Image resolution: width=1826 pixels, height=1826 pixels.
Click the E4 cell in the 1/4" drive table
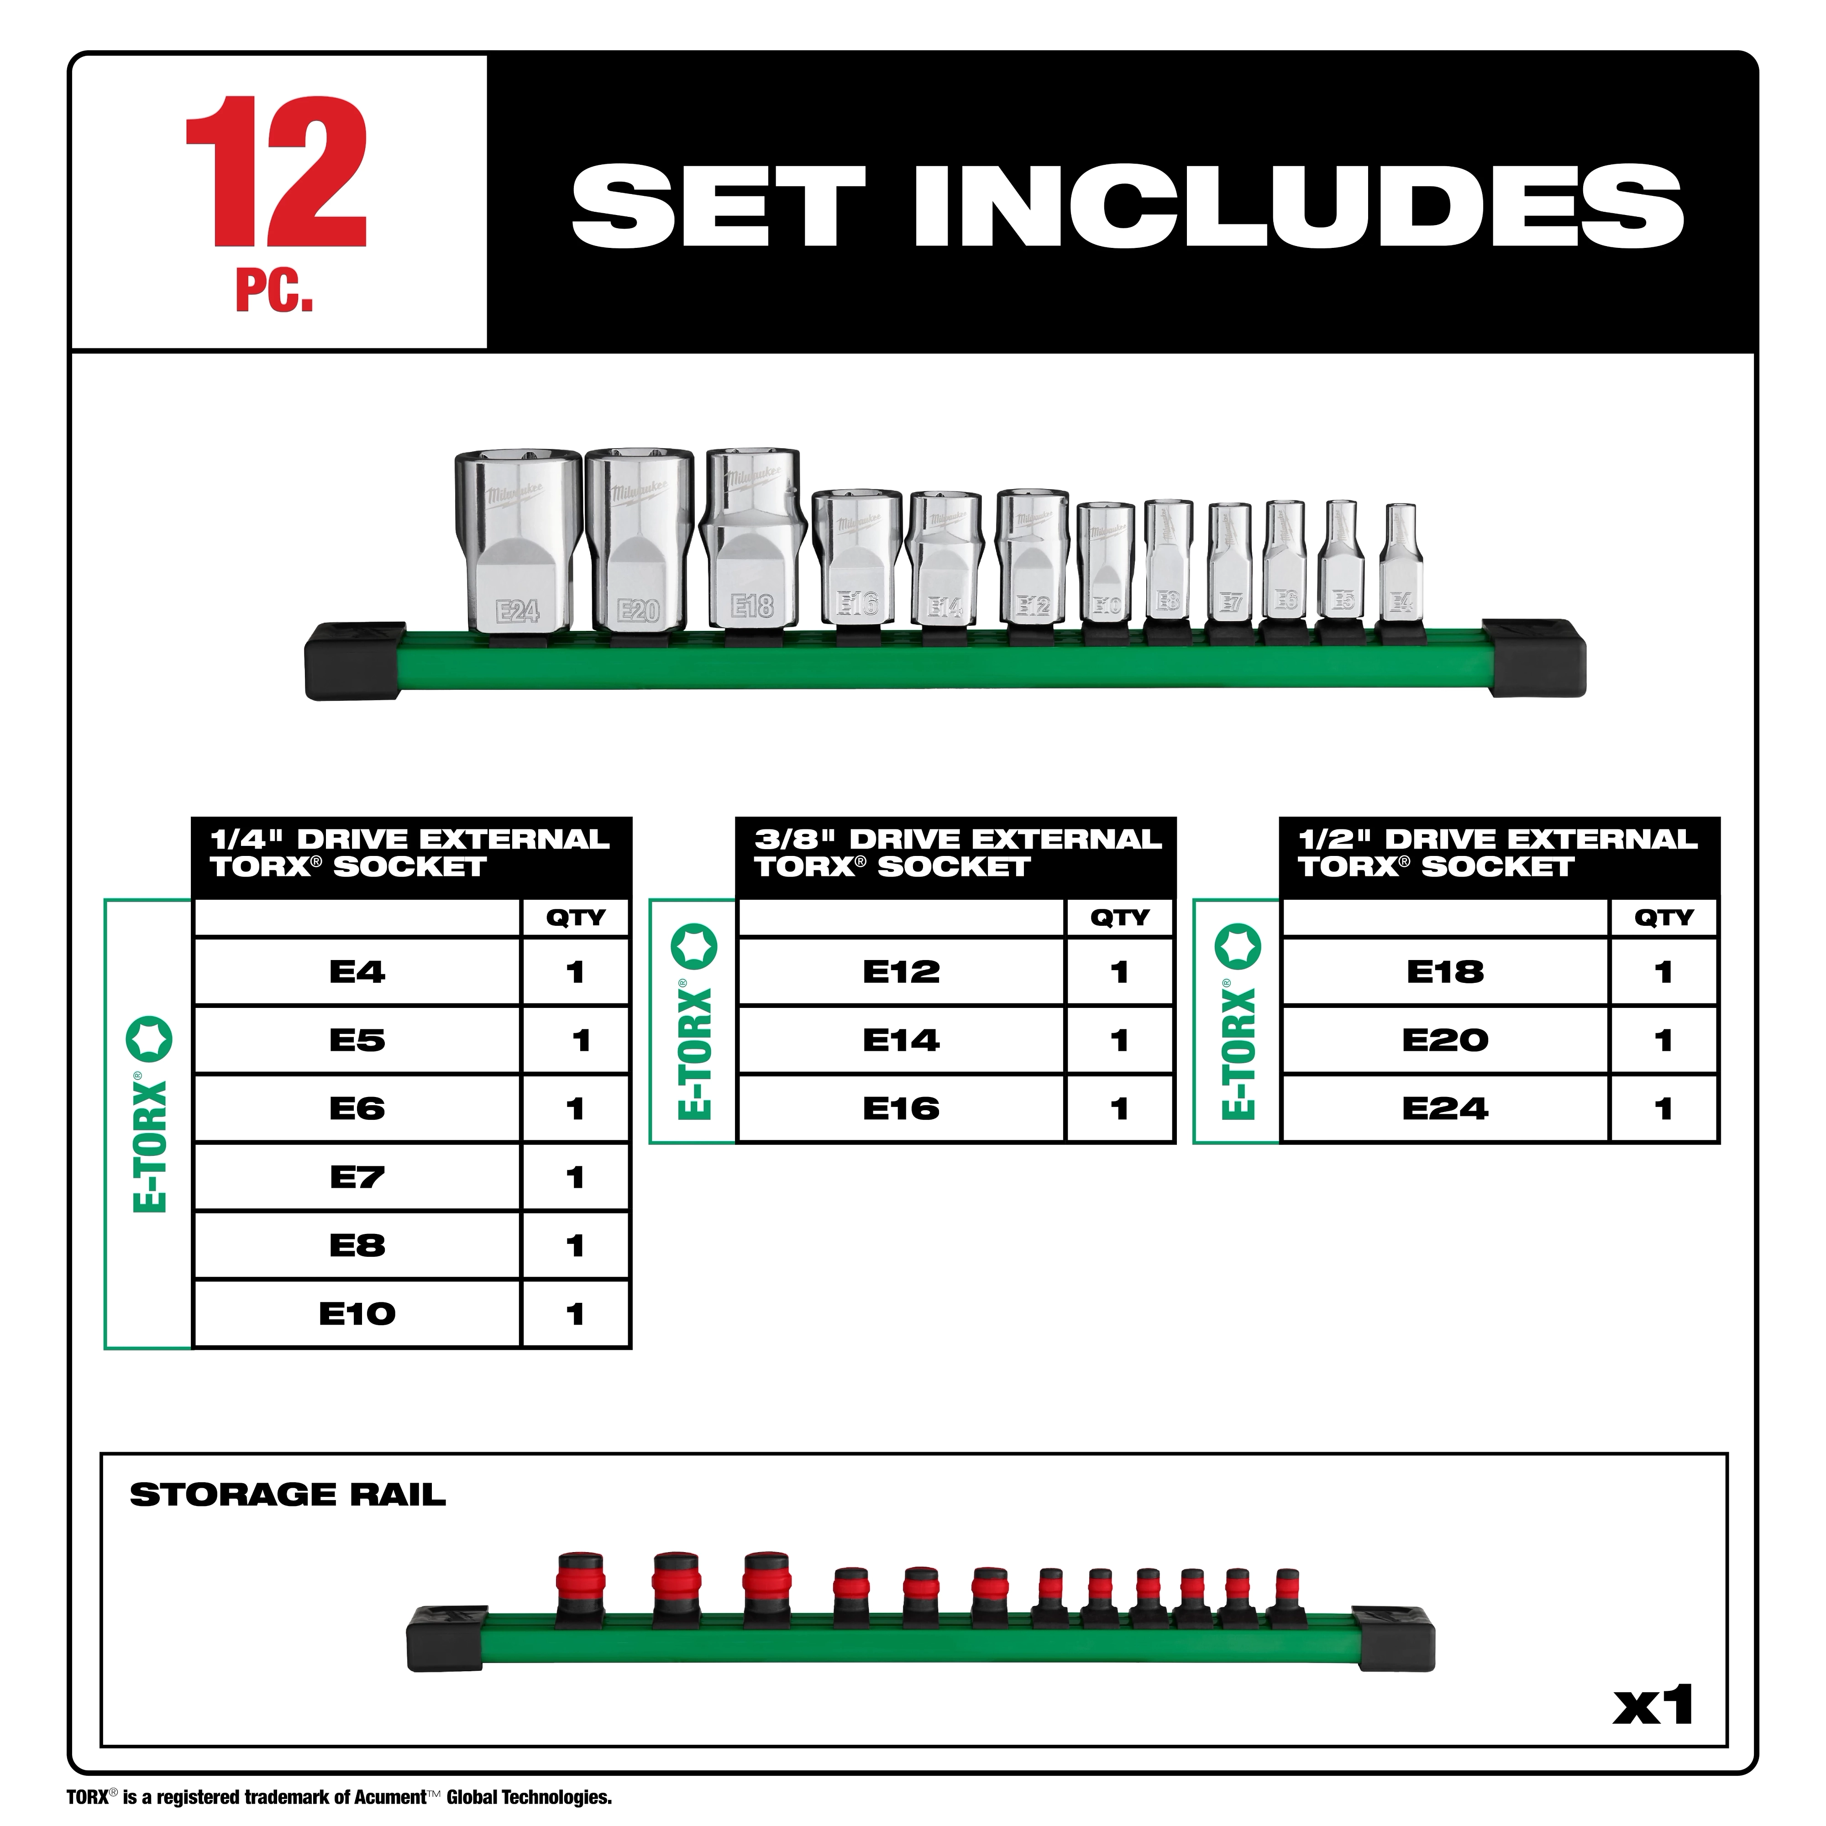pyautogui.click(x=357, y=971)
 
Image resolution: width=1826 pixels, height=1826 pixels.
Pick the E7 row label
pyautogui.click(x=357, y=1177)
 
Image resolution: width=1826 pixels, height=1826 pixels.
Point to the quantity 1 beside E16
pyautogui.click(x=1120, y=1109)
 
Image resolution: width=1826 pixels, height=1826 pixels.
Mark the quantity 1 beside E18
pyautogui.click(x=1663, y=971)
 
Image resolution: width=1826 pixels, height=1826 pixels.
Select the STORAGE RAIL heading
pyautogui.click(x=287, y=1494)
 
